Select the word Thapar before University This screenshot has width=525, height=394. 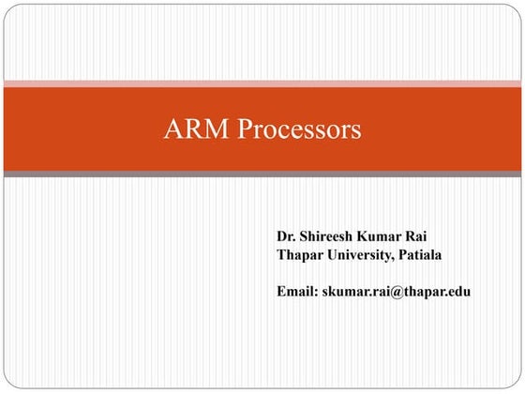click(x=300, y=254)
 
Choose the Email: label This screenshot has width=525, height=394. click(x=297, y=292)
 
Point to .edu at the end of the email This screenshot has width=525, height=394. click(x=457, y=292)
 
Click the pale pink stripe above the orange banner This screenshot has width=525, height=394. click(x=262, y=83)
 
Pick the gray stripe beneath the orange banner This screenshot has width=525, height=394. click(x=262, y=174)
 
